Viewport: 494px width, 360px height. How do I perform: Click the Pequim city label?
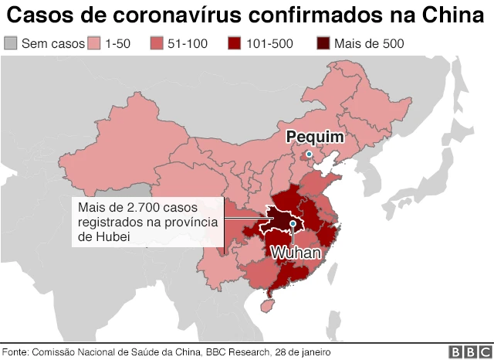coord(314,137)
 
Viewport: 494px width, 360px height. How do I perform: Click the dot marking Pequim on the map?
coord(310,155)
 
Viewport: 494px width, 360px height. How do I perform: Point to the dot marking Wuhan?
coord(294,225)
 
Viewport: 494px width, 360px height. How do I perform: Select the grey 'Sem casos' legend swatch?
coord(10,43)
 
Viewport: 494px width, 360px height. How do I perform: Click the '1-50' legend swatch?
coord(96,43)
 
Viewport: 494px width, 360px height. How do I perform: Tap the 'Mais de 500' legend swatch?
coord(323,43)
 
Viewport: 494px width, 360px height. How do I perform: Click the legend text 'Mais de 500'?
coord(368,44)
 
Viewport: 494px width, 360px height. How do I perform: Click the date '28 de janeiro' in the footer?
coord(302,352)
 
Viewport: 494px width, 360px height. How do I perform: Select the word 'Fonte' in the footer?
coord(15,352)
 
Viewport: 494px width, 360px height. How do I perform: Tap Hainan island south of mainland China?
coord(269,306)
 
